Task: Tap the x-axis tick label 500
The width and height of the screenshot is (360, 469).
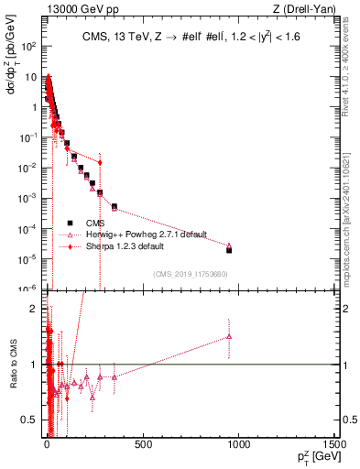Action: (x=143, y=444)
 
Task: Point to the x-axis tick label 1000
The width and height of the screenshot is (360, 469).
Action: (x=240, y=444)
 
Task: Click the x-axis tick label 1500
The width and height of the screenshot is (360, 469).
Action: (x=336, y=444)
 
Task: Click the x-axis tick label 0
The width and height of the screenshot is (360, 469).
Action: (x=47, y=444)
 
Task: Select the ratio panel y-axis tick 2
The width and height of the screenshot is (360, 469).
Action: (x=35, y=309)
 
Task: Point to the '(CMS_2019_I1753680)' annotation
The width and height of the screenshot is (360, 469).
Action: (x=191, y=273)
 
